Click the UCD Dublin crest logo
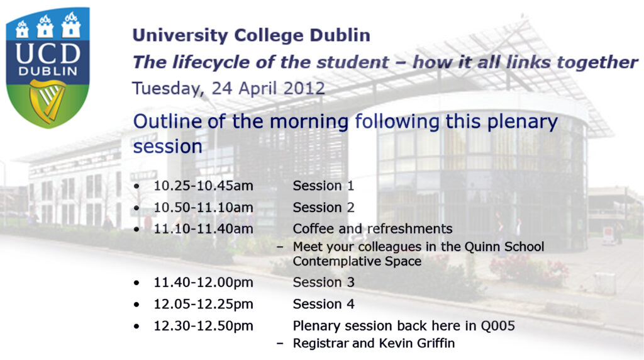[48, 68]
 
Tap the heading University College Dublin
[252, 35]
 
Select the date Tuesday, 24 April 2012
[228, 88]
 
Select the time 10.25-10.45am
[203, 186]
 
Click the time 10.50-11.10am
[203, 208]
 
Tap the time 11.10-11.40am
[203, 229]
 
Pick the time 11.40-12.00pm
[203, 283]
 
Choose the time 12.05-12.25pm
[203, 304]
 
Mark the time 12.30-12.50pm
[203, 326]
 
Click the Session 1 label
[323, 186]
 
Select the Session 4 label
[323, 304]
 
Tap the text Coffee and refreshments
[372, 229]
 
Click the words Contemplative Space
[357, 261]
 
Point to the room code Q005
[497, 326]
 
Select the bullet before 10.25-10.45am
[136, 186]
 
